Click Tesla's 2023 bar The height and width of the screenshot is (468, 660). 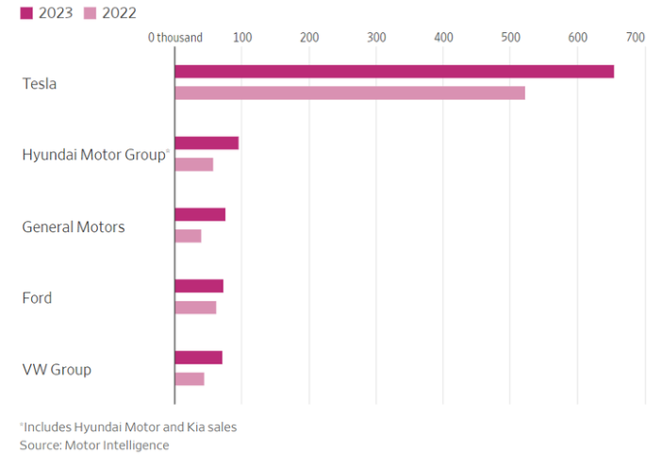(x=394, y=72)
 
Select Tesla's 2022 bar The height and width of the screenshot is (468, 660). (x=350, y=93)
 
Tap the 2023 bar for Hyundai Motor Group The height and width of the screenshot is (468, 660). (x=206, y=143)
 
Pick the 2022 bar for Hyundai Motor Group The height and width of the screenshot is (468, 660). (x=194, y=165)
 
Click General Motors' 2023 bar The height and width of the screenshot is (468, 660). (x=200, y=215)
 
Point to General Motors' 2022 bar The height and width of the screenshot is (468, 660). (x=189, y=236)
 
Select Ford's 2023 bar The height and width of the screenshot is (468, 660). (x=199, y=287)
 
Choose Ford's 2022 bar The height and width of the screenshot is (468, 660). (x=196, y=308)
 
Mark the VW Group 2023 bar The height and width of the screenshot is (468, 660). (x=199, y=358)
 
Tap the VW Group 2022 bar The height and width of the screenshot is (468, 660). (x=190, y=379)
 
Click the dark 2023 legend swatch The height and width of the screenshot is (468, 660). (x=26, y=13)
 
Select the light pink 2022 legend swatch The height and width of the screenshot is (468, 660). (x=91, y=13)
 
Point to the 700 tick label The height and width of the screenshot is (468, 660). (x=635, y=38)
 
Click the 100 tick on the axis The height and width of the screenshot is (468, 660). (x=242, y=38)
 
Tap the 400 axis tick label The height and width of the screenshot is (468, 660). (x=444, y=38)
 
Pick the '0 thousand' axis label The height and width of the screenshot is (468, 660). (x=175, y=38)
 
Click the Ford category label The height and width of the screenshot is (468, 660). (x=37, y=298)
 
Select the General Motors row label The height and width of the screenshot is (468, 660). (x=74, y=226)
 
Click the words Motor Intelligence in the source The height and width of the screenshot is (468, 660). (x=117, y=445)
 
